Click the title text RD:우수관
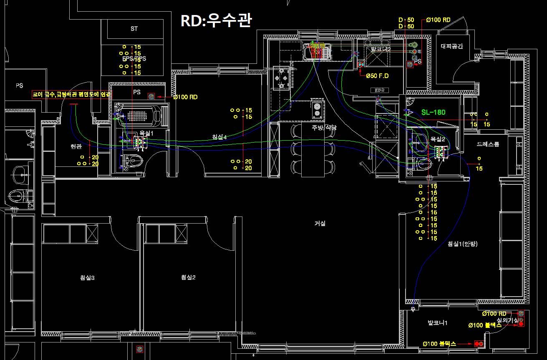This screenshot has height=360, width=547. coord(216,20)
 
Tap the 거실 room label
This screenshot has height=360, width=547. coord(320,224)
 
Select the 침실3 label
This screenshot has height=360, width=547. coord(87,278)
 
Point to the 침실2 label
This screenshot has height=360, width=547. coord(188,278)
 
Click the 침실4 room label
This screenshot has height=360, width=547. coord(219,137)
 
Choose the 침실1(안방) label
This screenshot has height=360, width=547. coord(462,244)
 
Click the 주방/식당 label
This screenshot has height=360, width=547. coord(324,128)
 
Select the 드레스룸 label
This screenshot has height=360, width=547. coord(488,144)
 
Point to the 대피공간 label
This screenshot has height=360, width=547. coord(452,47)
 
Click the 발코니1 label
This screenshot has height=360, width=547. coord(437,323)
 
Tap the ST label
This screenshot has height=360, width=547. coord(134,29)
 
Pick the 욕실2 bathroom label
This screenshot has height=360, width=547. coord(438,139)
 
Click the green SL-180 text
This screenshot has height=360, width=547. coord(433,112)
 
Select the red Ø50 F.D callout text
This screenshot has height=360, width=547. coord(377,76)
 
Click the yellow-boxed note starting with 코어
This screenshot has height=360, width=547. coord(72,95)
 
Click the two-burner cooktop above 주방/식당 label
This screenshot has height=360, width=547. coord(317,109)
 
